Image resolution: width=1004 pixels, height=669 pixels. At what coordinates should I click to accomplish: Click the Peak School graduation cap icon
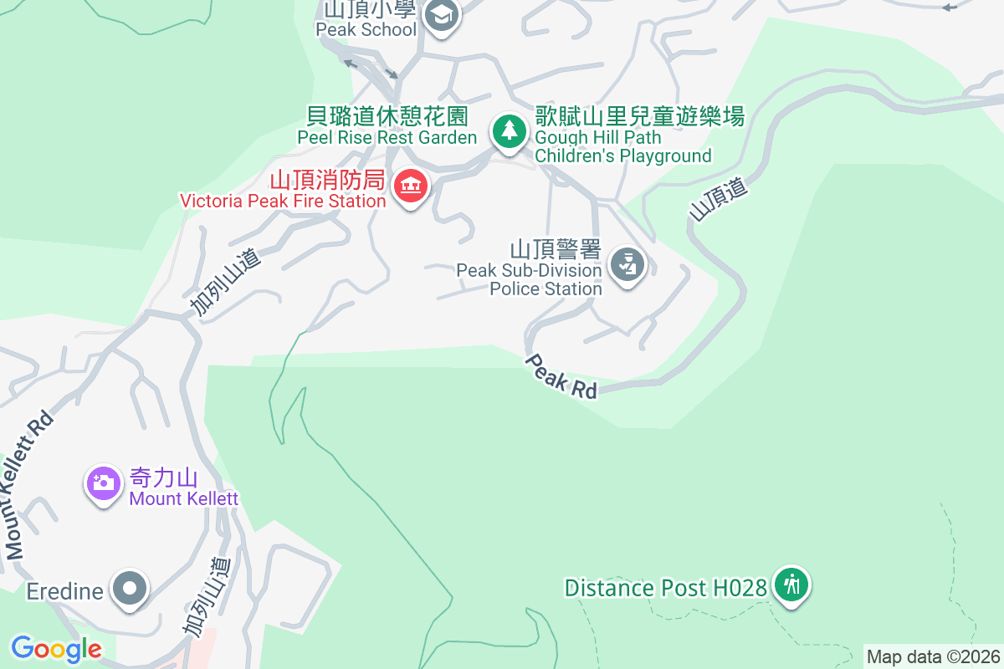click(x=441, y=15)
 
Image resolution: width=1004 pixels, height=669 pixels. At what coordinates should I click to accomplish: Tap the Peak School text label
click(x=366, y=29)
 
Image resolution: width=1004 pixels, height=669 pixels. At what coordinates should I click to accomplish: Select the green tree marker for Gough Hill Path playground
click(x=508, y=130)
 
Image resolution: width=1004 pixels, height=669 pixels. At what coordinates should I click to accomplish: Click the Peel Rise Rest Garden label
click(x=387, y=137)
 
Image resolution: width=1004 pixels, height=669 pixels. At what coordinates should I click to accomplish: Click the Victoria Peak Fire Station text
click(x=283, y=201)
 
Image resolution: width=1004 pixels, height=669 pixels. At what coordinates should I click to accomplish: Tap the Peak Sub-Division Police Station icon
click(x=626, y=265)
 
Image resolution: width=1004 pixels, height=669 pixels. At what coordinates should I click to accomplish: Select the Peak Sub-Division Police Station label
click(x=529, y=279)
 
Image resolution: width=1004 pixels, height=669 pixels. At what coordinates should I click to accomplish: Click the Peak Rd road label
click(x=561, y=376)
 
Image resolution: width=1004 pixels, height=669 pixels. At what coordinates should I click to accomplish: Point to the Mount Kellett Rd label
click(x=29, y=485)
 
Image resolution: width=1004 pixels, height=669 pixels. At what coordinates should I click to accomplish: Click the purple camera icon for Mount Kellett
click(x=103, y=483)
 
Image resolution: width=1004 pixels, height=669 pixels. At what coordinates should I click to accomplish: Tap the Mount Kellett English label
click(x=183, y=499)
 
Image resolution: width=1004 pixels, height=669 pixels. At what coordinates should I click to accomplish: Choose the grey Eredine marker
click(x=129, y=589)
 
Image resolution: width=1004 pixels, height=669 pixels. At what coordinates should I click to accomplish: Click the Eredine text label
click(x=64, y=591)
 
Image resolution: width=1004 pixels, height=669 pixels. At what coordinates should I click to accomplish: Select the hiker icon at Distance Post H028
click(x=790, y=585)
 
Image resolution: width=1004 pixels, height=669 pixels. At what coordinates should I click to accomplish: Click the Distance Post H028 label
click(x=665, y=588)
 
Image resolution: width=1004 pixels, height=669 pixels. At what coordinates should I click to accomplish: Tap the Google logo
click(x=56, y=649)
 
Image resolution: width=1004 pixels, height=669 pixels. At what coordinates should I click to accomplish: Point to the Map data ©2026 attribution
click(x=933, y=656)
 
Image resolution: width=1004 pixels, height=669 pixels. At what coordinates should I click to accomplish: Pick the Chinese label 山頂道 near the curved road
click(x=717, y=200)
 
